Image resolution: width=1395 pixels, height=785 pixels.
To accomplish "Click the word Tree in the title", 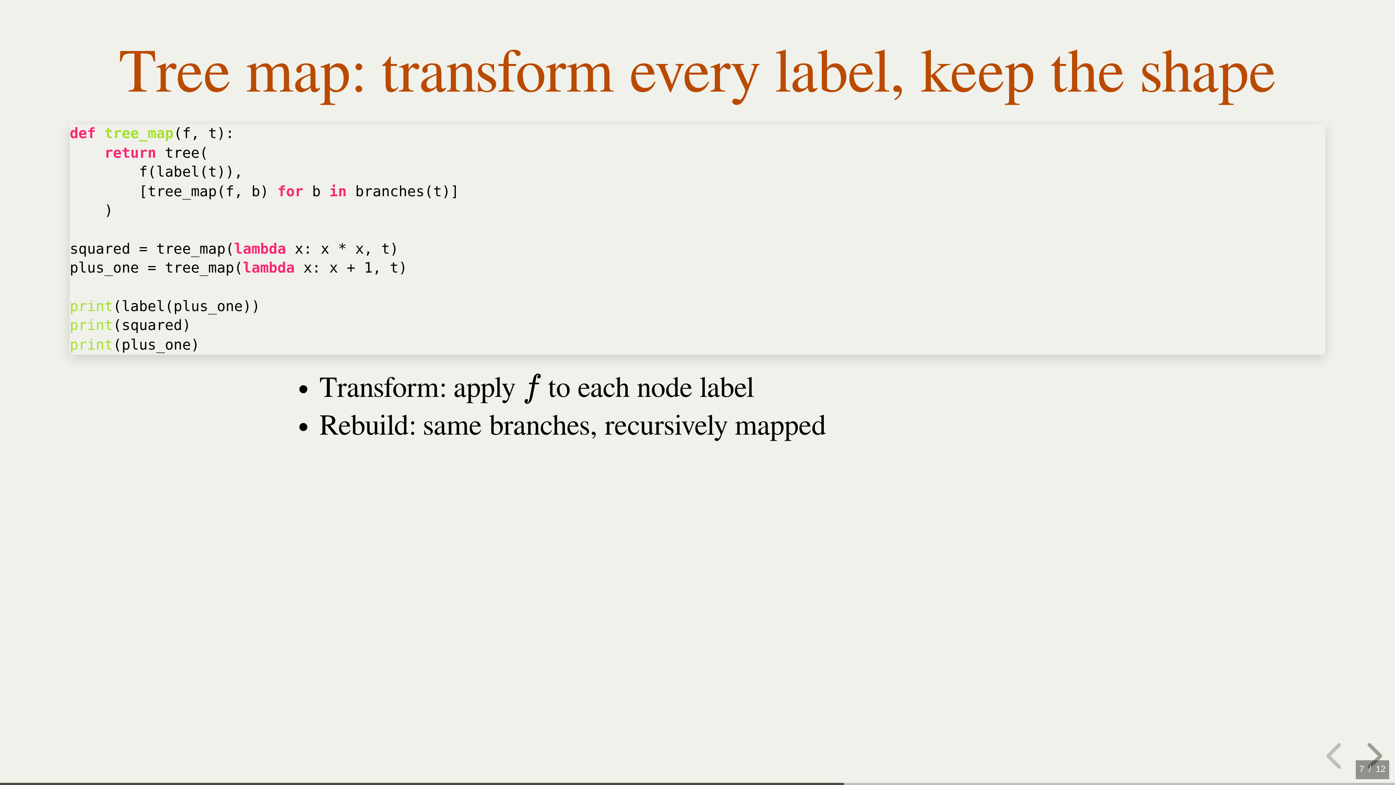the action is (174, 73).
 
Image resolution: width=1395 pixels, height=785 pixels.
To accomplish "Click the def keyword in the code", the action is (82, 133).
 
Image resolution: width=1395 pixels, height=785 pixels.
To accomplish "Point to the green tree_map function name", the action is (139, 134).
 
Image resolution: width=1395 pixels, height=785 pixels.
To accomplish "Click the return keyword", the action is (130, 153).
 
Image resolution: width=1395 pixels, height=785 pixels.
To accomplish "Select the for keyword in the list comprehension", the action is (290, 191).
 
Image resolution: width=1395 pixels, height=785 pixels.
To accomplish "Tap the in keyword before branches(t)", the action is (337, 191).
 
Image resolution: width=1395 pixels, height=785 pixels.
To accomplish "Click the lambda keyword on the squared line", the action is (260, 249).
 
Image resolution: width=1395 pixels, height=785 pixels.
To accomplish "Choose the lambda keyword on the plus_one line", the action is (268, 267).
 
